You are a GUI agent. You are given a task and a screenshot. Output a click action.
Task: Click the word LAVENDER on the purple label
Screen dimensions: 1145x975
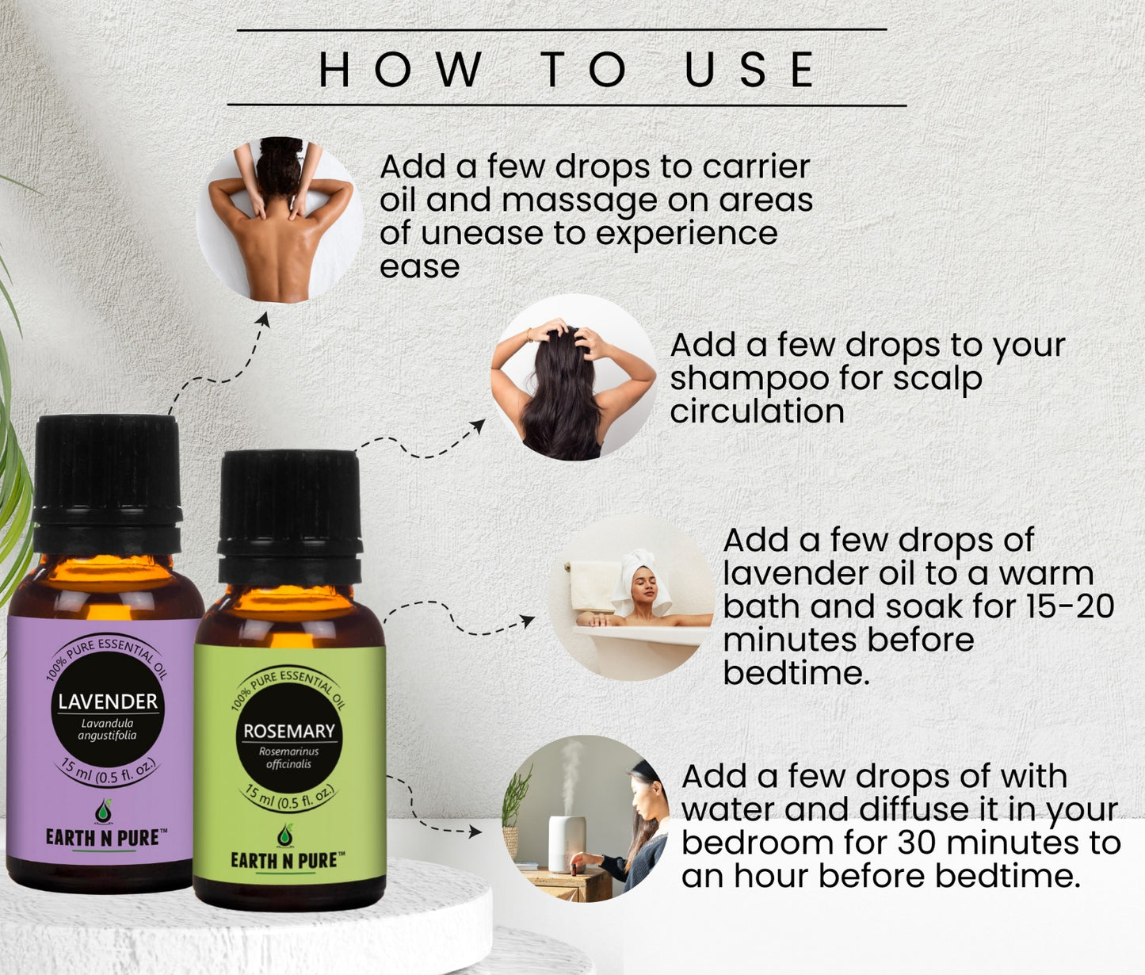point(108,702)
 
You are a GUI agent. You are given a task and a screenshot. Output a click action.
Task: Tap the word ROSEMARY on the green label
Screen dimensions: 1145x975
point(289,731)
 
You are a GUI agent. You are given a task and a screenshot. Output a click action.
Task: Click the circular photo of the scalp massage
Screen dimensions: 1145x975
point(574,377)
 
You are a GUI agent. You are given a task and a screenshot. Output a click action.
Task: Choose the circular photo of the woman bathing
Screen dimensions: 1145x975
point(631,597)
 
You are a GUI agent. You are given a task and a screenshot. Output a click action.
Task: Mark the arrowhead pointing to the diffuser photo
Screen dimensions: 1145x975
point(475,832)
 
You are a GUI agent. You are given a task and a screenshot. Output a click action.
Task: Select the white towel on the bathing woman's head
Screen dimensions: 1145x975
point(643,576)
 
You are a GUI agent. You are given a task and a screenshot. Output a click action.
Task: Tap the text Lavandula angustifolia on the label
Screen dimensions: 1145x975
point(107,729)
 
